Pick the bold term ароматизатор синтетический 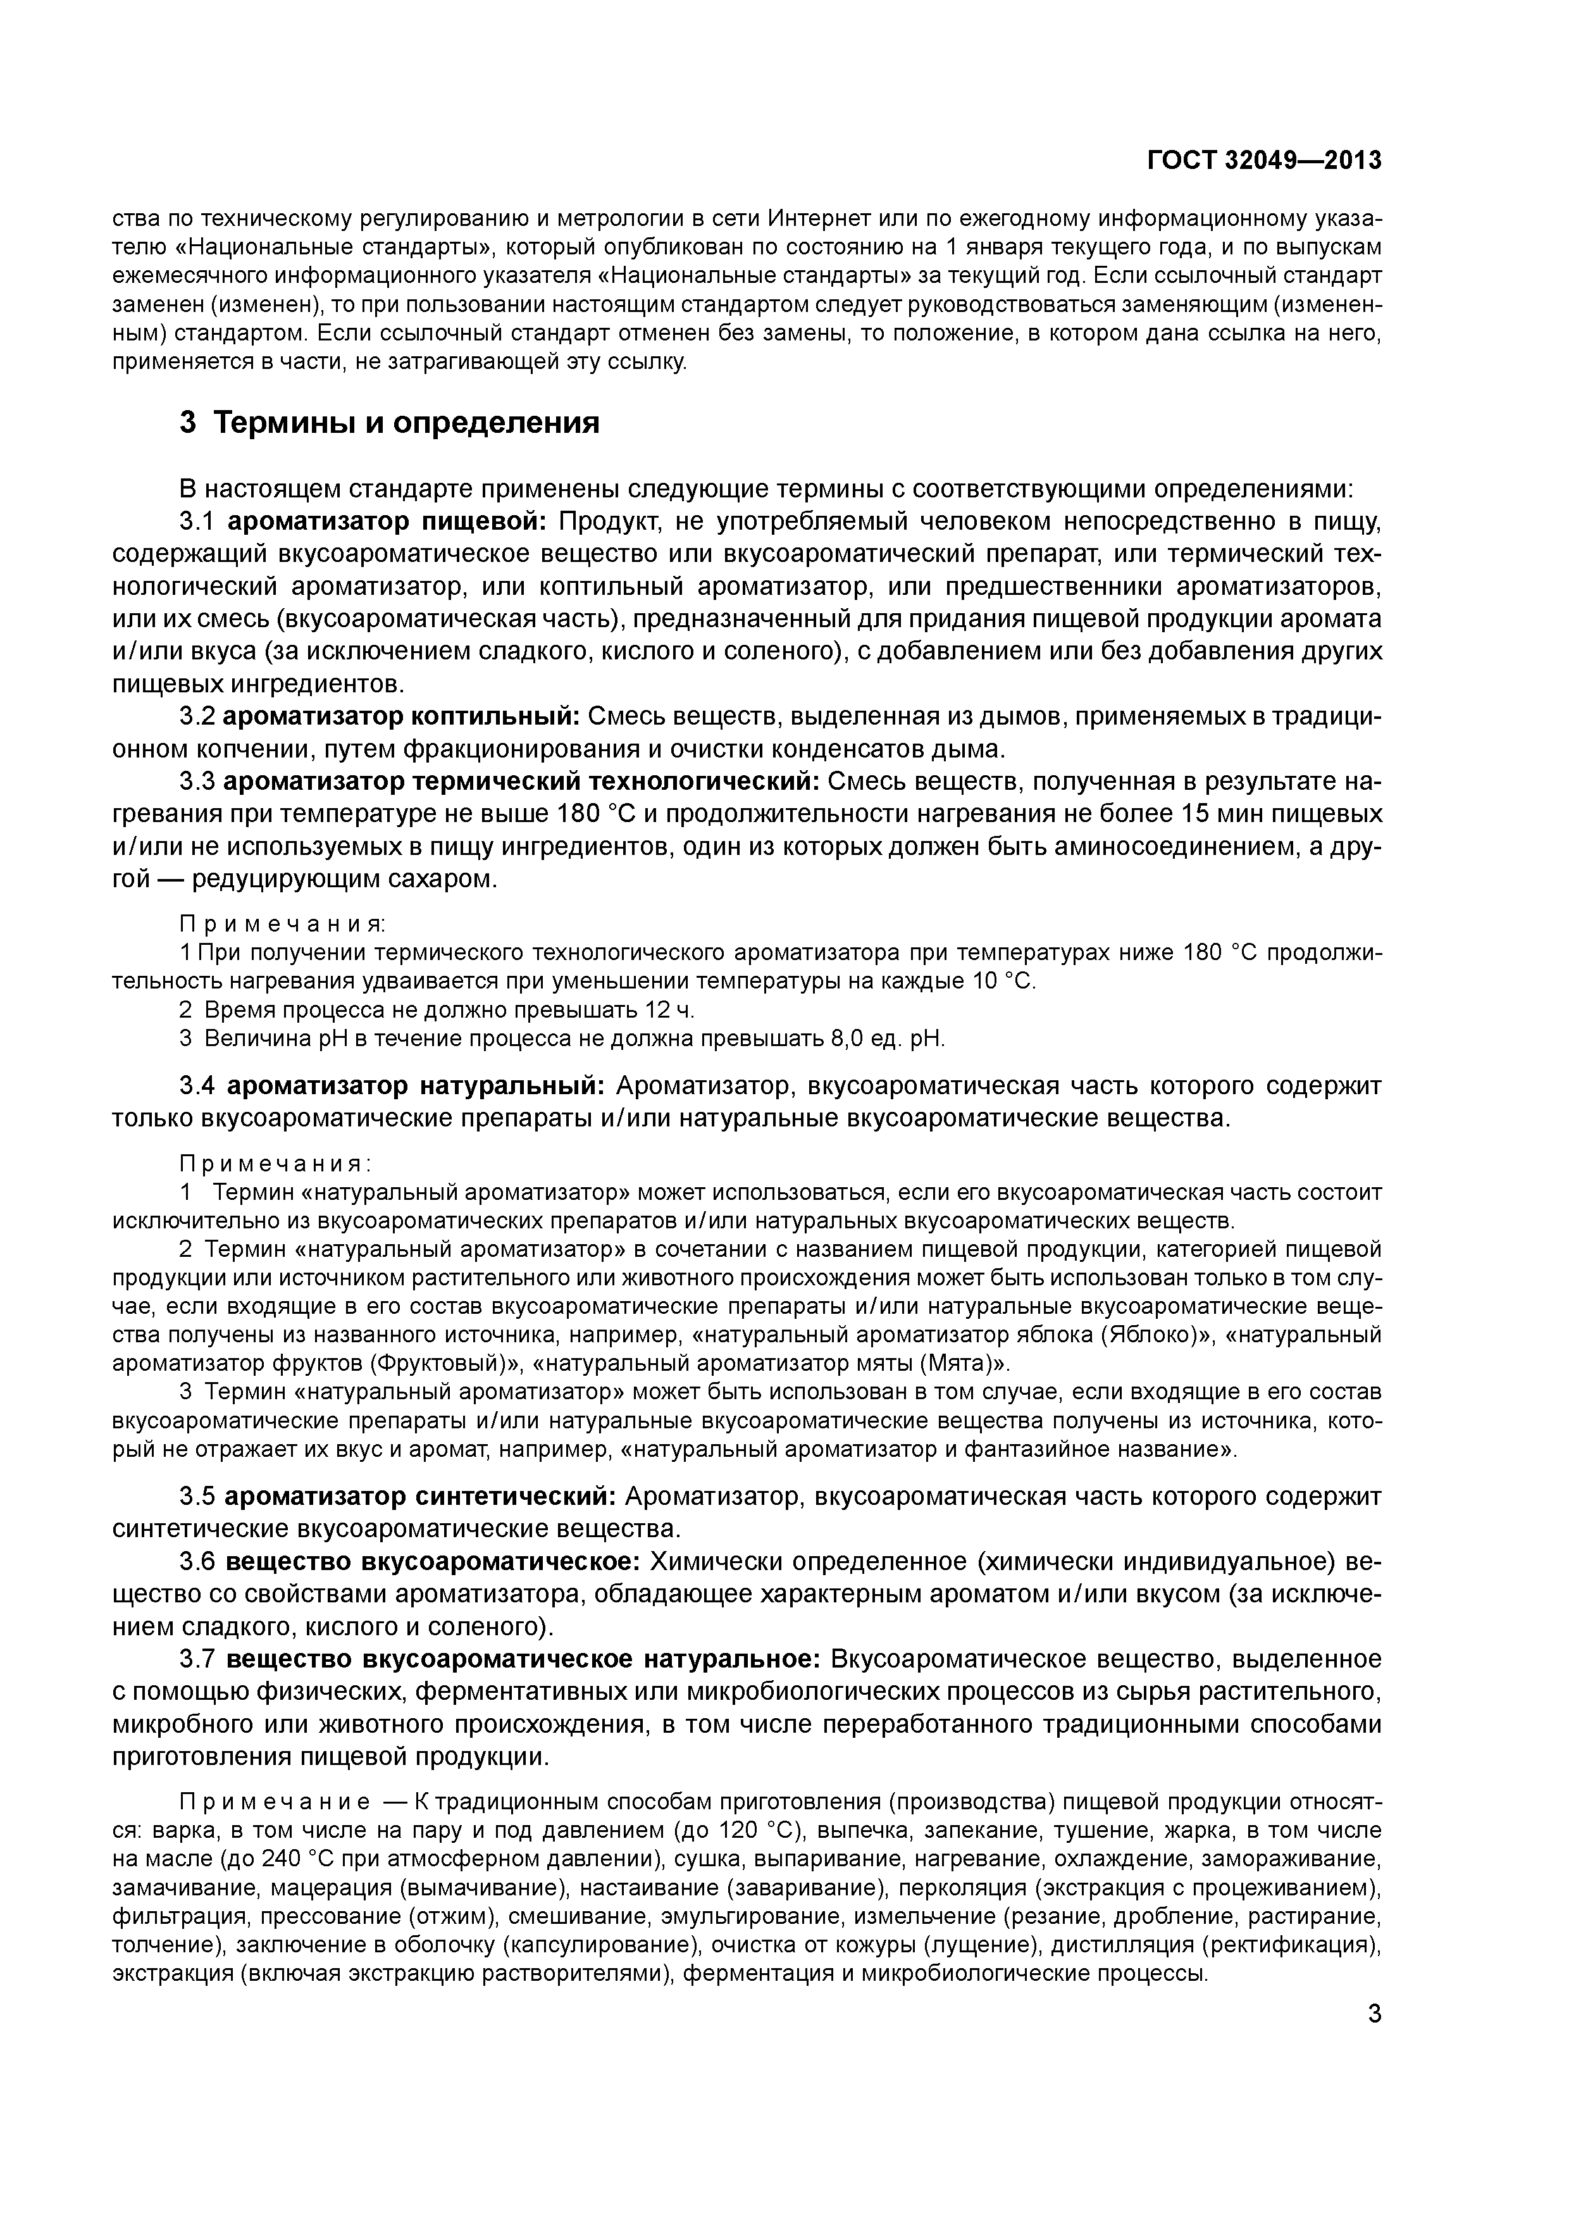click(421, 1496)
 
